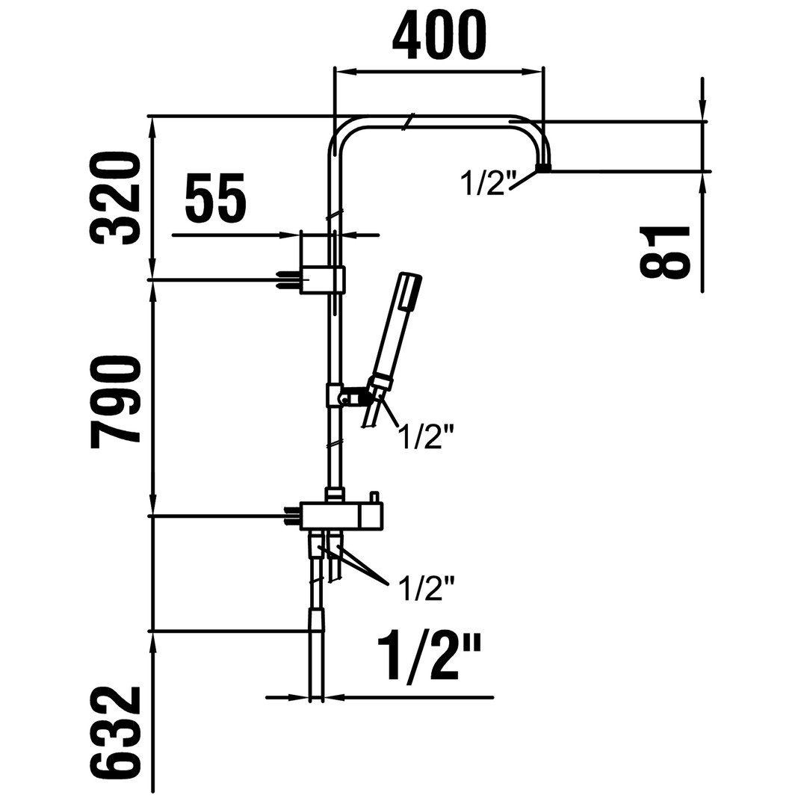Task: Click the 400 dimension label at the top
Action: (x=439, y=36)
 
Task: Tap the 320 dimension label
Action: (x=115, y=197)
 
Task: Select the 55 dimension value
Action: (x=215, y=197)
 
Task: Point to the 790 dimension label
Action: (x=115, y=401)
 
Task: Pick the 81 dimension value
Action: (x=664, y=252)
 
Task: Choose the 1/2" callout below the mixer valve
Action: (x=427, y=589)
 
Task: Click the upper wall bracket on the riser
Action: (x=321, y=280)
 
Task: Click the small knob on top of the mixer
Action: (x=374, y=498)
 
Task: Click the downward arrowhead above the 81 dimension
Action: (x=702, y=110)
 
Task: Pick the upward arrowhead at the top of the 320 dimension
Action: (x=152, y=129)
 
